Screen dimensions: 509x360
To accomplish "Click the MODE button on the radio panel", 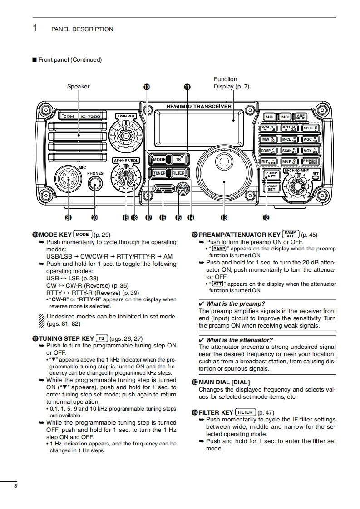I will click(159, 159).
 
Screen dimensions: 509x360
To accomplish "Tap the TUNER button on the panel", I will click(159, 173).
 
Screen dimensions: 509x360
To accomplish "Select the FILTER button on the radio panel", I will click(178, 173).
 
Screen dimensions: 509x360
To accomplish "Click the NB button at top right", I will click(269, 117).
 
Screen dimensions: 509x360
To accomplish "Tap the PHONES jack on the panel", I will click(95, 183).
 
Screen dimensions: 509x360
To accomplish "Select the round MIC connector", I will click(68, 180).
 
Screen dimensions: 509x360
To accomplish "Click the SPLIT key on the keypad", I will click(311, 128).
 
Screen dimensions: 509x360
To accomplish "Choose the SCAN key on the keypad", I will click(289, 151).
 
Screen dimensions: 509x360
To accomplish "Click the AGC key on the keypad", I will click(311, 139).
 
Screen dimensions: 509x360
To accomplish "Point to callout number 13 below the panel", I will click(224, 218).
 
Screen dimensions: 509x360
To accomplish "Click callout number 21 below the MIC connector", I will click(68, 218).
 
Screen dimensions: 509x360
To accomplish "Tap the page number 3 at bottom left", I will click(16, 486).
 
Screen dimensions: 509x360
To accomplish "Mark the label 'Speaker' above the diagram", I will click(79, 86).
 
